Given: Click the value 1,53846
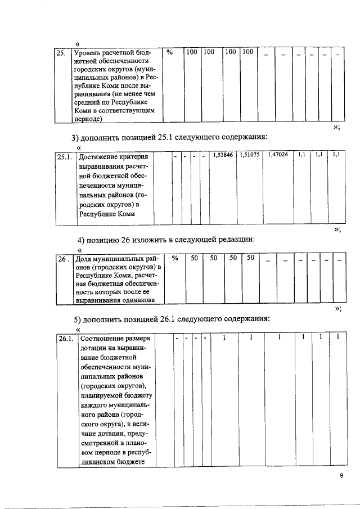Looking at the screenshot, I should click(223, 154).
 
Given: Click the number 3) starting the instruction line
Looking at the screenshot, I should click(75, 137).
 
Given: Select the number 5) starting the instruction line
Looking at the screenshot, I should click(79, 319).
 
